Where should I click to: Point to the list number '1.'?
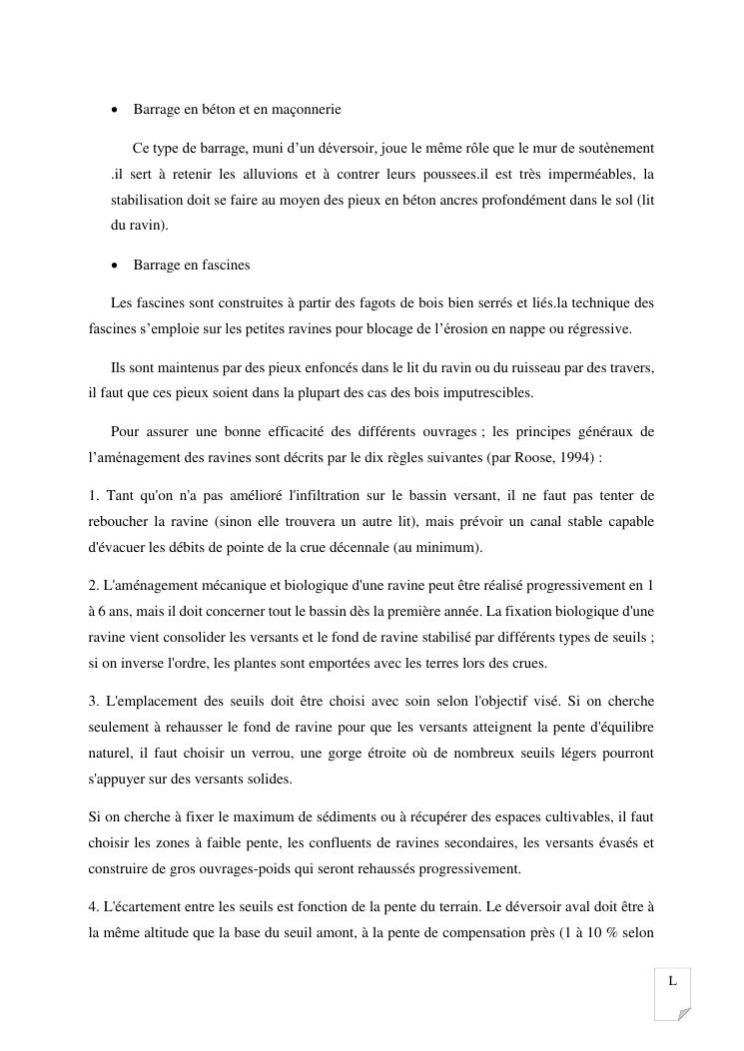[x=94, y=496]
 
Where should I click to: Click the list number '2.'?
[x=94, y=586]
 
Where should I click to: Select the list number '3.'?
[x=94, y=702]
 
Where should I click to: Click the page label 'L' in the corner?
[x=672, y=981]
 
